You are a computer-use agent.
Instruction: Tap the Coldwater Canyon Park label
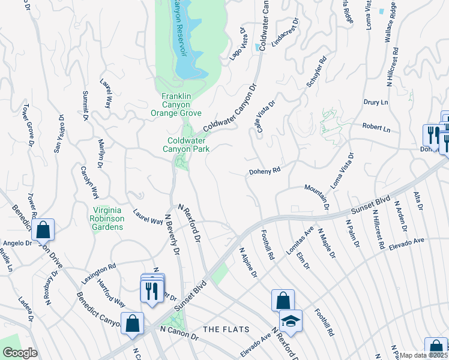pyautogui.click(x=188, y=145)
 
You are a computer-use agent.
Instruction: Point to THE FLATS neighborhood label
pyautogui.click(x=224, y=329)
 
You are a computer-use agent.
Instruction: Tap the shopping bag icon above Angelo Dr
pyautogui.click(x=43, y=229)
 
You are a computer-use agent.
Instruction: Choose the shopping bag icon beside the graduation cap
pyautogui.click(x=282, y=301)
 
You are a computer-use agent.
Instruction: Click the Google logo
pyautogui.click(x=20, y=353)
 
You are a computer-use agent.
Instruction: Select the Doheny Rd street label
pyautogui.click(x=265, y=171)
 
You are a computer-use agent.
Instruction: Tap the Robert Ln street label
pyautogui.click(x=377, y=128)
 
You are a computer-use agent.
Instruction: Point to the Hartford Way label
pyautogui.click(x=112, y=295)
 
